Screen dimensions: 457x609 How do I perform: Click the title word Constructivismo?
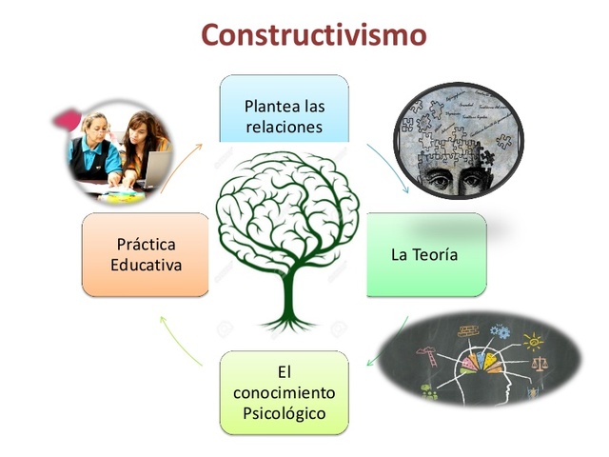click(x=313, y=35)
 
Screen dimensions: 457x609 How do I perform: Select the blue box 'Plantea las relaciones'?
click(x=284, y=109)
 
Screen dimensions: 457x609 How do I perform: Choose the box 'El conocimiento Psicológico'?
click(x=284, y=390)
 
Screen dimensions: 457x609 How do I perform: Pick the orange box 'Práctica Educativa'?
click(x=145, y=254)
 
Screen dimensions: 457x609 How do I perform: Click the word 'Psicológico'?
click(x=284, y=413)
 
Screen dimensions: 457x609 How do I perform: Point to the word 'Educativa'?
click(x=145, y=265)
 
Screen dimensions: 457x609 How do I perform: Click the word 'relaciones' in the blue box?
click(x=284, y=126)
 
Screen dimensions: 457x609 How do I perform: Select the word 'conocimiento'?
click(x=284, y=391)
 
